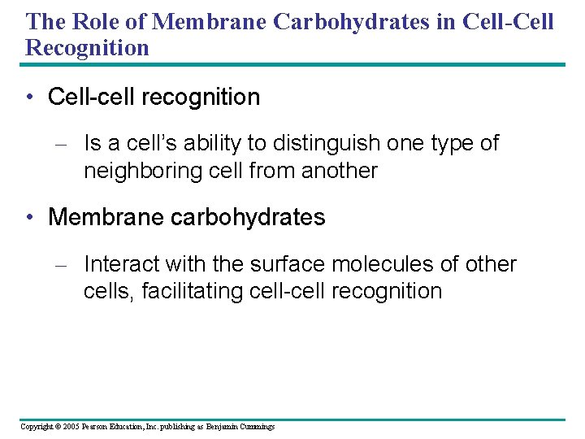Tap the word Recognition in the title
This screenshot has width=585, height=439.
point(88,47)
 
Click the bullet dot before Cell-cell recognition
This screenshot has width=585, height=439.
point(30,98)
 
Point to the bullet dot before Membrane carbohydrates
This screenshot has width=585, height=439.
point(30,218)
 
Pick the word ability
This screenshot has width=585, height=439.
point(211,143)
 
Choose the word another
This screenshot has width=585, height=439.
point(340,171)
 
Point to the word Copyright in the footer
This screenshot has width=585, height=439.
point(36,427)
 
